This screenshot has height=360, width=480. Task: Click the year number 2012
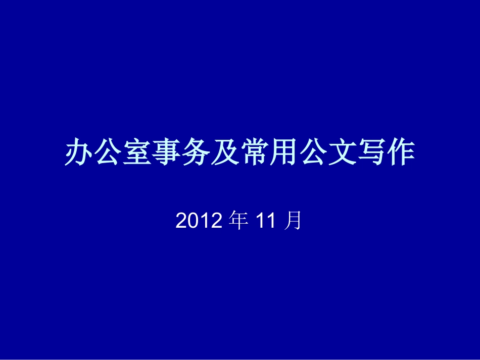pyautogui.click(x=200, y=221)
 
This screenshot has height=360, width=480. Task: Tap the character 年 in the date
pyautogui.click(x=239, y=221)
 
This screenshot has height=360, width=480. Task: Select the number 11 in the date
pyautogui.click(x=266, y=221)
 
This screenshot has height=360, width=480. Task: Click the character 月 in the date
pyautogui.click(x=293, y=221)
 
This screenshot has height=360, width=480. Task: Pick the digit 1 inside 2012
pyautogui.click(x=206, y=221)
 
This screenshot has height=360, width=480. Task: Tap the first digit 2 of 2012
pyautogui.click(x=182, y=221)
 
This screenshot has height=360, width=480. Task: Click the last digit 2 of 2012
pyautogui.click(x=218, y=221)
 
